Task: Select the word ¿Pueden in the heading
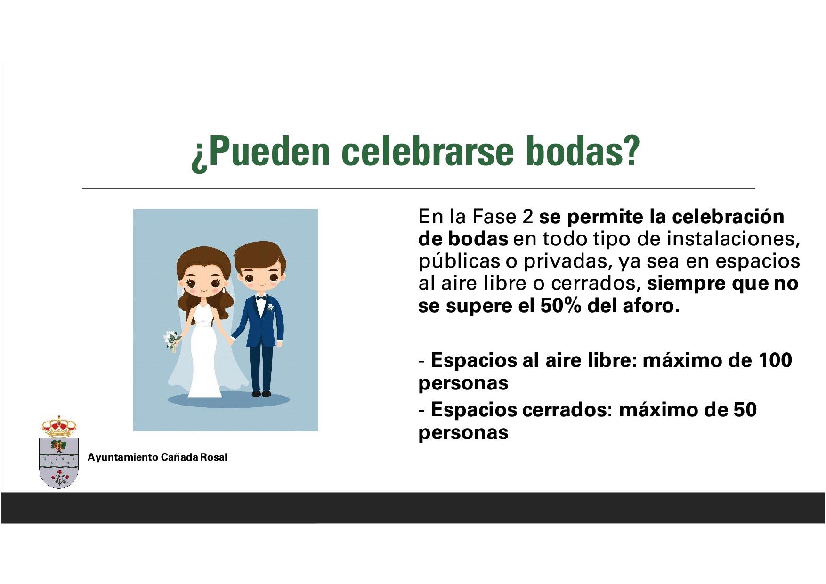click(x=260, y=154)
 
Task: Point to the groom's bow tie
click(x=260, y=297)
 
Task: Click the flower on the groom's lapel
click(x=270, y=308)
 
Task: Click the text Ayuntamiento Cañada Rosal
click(x=157, y=457)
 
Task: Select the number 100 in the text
click(x=775, y=360)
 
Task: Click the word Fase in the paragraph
click(x=494, y=217)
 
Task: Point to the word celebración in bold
click(x=728, y=217)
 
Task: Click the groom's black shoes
click(x=261, y=393)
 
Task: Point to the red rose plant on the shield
click(x=59, y=479)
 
